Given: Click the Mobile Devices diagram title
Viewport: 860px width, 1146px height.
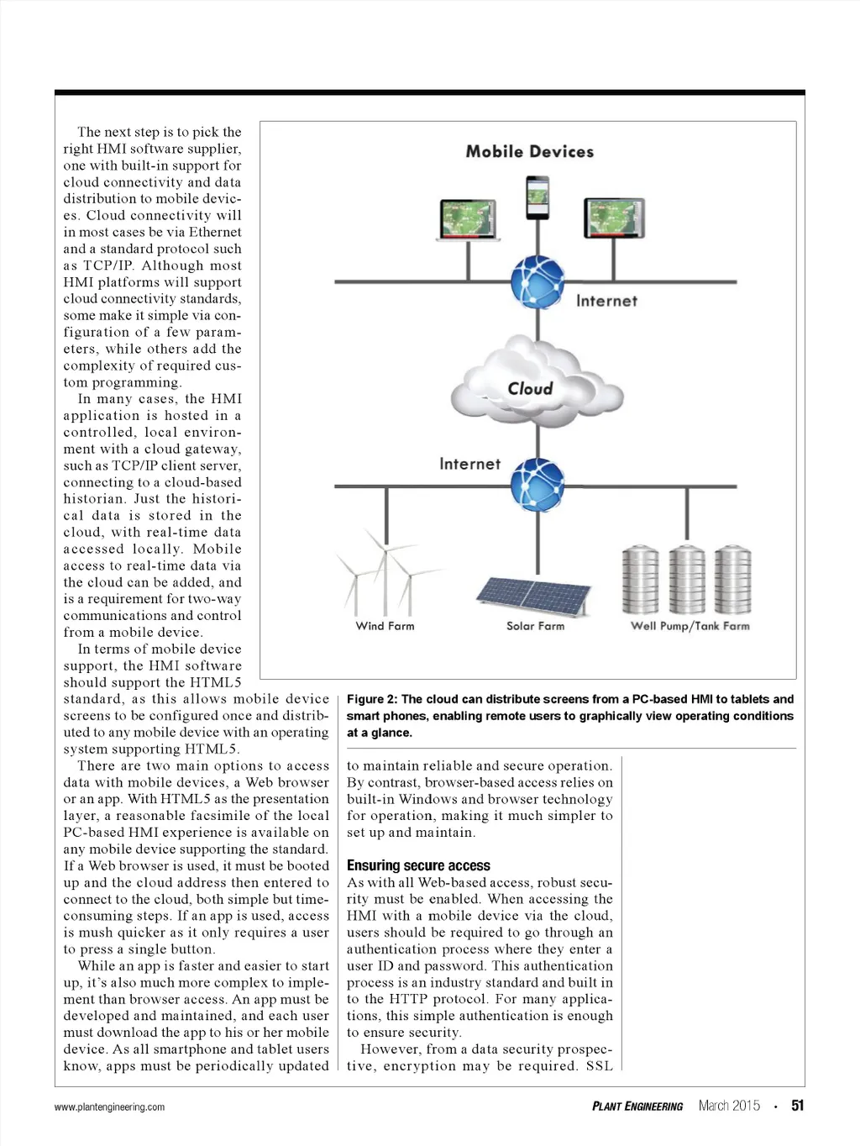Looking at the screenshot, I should pyautogui.click(x=530, y=152).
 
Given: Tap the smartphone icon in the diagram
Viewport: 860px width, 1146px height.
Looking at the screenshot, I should pyautogui.click(x=537, y=197).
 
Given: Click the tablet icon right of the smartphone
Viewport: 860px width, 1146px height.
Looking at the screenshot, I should pyautogui.click(x=614, y=219).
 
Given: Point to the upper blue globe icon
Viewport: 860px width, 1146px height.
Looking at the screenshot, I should pyautogui.click(x=537, y=281).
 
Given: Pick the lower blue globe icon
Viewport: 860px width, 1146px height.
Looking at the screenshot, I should pyautogui.click(x=537, y=485).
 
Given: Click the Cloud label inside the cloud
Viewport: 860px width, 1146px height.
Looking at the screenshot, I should pyautogui.click(x=530, y=389).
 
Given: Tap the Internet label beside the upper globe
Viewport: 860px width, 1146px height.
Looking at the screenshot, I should pyautogui.click(x=606, y=301).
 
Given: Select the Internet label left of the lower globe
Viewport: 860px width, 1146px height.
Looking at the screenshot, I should pyautogui.click(x=469, y=464).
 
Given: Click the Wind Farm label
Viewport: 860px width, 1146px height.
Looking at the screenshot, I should pyautogui.click(x=385, y=626).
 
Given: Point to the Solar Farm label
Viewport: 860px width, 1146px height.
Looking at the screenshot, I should pyautogui.click(x=536, y=626).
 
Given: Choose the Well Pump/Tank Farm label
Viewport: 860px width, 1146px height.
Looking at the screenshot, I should pyautogui.click(x=690, y=626).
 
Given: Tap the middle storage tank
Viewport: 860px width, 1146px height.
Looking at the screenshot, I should pyautogui.click(x=687, y=580).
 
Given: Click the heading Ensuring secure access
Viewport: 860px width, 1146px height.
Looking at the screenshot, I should pyautogui.click(x=418, y=865).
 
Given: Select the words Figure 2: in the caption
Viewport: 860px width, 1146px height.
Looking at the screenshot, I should pyautogui.click(x=372, y=699).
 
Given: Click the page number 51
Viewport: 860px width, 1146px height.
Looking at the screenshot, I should pyautogui.click(x=797, y=1106).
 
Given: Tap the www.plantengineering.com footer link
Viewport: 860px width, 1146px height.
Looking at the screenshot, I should pyautogui.click(x=109, y=1107).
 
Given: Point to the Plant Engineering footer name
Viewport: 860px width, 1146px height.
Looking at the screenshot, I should pyautogui.click(x=637, y=1107).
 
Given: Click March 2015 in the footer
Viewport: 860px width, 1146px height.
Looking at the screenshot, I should pyautogui.click(x=729, y=1106).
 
